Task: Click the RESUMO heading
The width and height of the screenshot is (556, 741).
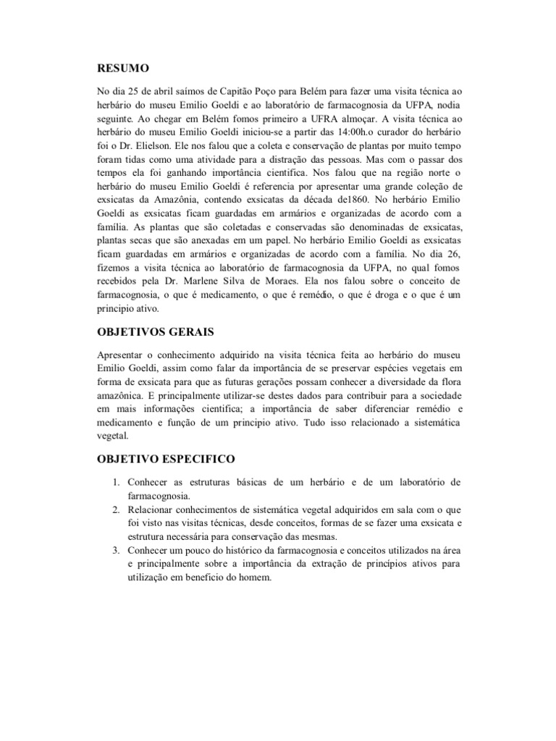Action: tap(123, 68)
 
